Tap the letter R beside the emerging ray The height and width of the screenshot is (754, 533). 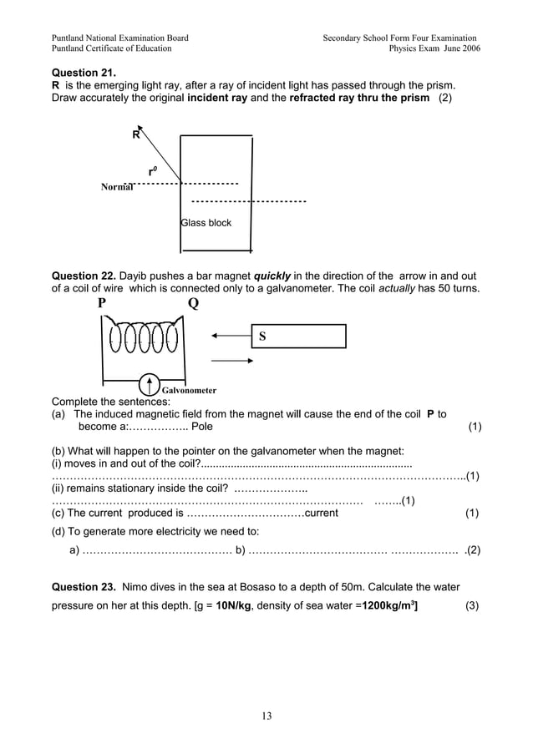pyautogui.click(x=135, y=136)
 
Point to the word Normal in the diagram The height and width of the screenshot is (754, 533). pyautogui.click(x=117, y=187)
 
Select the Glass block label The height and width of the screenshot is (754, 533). pyautogui.click(x=206, y=223)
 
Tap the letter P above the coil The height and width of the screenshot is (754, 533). pyautogui.click(x=102, y=304)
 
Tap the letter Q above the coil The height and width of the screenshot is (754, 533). pyautogui.click(x=193, y=304)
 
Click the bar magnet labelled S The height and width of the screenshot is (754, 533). pyautogui.click(x=299, y=337)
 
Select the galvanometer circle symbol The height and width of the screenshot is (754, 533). pyautogui.click(x=149, y=384)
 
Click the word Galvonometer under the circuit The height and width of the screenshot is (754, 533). pyautogui.click(x=189, y=390)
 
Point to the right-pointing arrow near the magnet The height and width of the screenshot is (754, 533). pyautogui.click(x=231, y=361)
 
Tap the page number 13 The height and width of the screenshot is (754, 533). pyautogui.click(x=266, y=716)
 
